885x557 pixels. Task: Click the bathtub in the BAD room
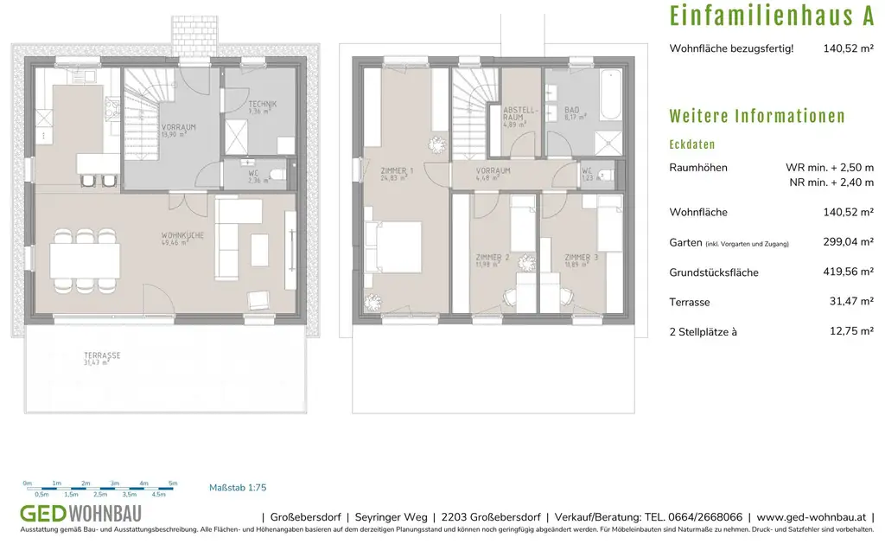click(610, 96)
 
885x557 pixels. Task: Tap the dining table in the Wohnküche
click(85, 259)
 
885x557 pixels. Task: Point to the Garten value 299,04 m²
click(848, 243)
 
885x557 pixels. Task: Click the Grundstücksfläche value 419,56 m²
click(848, 272)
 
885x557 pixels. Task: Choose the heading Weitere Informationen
click(757, 117)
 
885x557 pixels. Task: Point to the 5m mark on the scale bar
click(173, 483)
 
